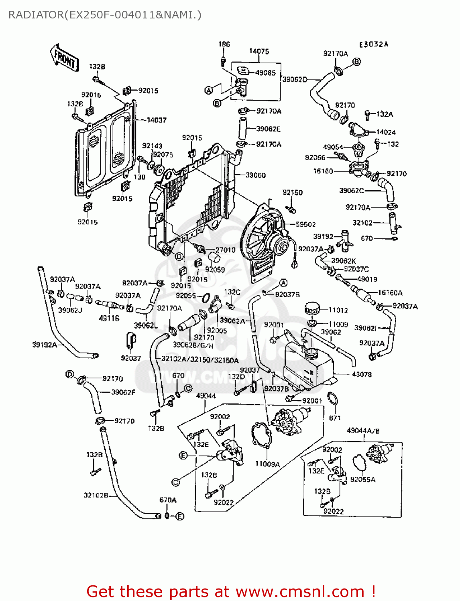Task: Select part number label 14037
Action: tap(157, 120)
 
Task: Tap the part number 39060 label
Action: tap(256, 175)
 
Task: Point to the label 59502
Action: tap(306, 225)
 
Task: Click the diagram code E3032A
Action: tap(373, 44)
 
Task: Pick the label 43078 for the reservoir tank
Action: tap(362, 375)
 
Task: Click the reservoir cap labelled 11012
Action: tap(311, 309)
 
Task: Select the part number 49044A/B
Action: tap(363, 431)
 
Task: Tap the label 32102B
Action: tap(96, 495)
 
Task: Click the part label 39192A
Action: tap(45, 345)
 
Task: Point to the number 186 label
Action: tap(224, 44)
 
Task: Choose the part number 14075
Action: tap(259, 51)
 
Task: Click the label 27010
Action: tap(226, 250)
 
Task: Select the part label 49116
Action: tap(109, 319)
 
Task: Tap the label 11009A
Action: tap(268, 464)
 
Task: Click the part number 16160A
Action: tap(390, 293)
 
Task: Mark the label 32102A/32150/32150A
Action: tap(200, 360)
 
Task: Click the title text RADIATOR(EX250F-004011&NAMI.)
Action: tap(105, 15)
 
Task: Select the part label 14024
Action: tap(386, 132)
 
